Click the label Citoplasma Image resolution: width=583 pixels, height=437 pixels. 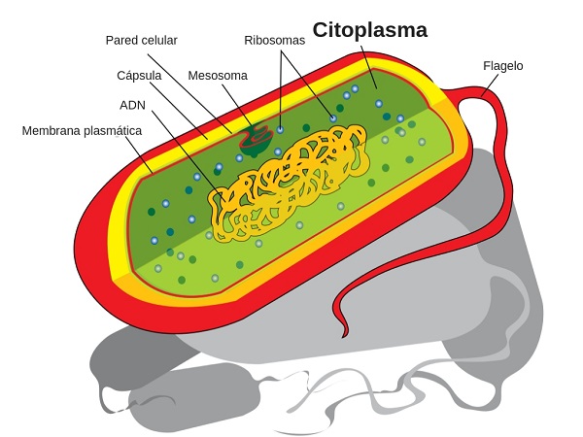click(369, 30)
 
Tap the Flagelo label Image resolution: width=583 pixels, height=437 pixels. click(502, 66)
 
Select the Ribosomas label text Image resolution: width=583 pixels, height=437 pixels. click(274, 41)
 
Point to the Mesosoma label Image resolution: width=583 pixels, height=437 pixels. click(218, 75)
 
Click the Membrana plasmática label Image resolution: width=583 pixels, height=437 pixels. click(83, 129)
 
